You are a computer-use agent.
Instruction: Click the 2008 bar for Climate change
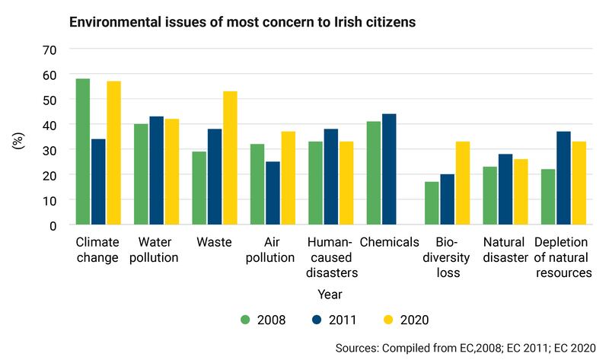83,152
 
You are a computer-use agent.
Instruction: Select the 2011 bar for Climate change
98,183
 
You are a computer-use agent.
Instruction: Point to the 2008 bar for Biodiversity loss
432,203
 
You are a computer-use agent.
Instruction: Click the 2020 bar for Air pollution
287,179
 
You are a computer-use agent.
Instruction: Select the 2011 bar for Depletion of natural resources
563,179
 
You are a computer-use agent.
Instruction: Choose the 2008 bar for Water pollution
141,175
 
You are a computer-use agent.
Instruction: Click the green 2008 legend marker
245,320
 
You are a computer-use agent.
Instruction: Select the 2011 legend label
341,320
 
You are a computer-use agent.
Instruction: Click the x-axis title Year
330,293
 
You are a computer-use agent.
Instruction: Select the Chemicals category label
388,242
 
